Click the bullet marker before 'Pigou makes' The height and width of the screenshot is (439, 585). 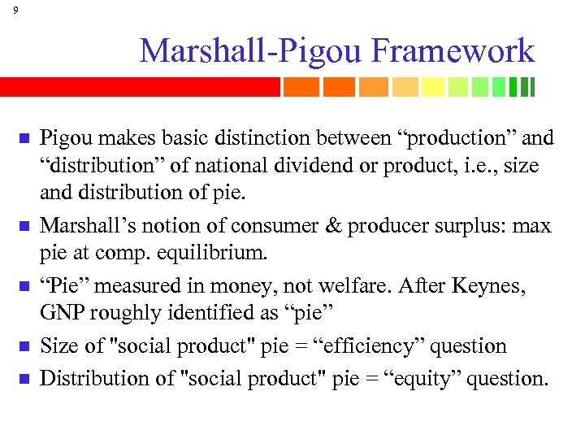[x=24, y=138]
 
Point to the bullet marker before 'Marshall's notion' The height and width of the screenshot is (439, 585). [x=24, y=226]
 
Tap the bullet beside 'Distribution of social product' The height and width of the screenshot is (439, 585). [x=24, y=379]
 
